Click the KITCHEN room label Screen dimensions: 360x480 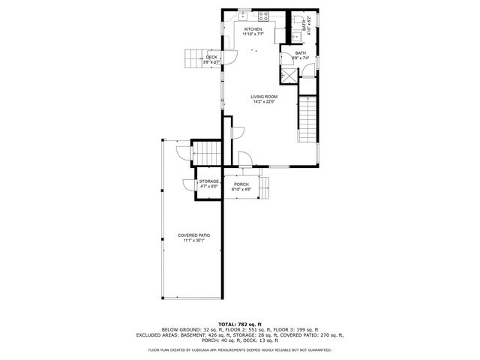[253, 29]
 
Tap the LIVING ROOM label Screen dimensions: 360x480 [265, 96]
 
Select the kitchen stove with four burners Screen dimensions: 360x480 [264, 15]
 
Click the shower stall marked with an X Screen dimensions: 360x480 [289, 75]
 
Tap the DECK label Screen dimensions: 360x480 [211, 57]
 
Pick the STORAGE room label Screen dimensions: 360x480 [209, 181]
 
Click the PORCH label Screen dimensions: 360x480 [241, 184]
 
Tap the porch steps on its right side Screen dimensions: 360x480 [267, 187]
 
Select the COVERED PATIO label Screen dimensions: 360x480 [193, 235]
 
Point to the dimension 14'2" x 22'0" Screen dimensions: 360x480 [265, 101]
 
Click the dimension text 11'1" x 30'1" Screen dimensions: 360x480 [193, 241]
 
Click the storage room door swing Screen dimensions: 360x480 [186, 184]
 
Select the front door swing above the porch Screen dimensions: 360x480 [244, 157]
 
